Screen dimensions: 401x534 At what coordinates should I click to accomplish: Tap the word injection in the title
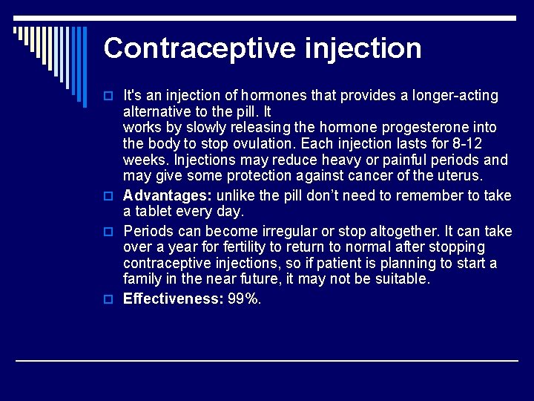(x=363, y=48)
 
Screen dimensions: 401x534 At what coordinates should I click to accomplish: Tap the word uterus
(x=458, y=176)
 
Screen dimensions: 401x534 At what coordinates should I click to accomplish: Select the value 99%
(x=244, y=299)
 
